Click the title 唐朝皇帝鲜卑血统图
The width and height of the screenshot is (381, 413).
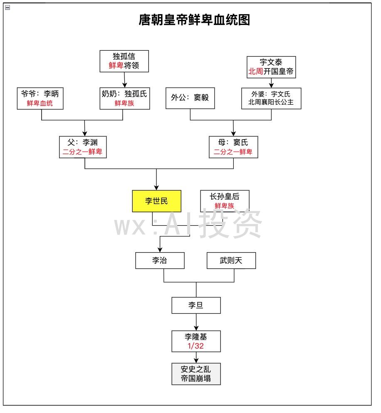[194, 20]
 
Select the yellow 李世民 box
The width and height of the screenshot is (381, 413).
[157, 201]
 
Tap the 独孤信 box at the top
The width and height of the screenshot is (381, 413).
[124, 61]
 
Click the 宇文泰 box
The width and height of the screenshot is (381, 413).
[271, 67]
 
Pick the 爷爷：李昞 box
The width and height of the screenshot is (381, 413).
[40, 98]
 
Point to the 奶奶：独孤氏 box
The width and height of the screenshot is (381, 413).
[125, 98]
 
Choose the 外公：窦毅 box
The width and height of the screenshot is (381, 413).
[190, 98]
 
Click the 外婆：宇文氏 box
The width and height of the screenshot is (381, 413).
[271, 98]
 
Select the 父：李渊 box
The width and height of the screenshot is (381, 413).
[83, 147]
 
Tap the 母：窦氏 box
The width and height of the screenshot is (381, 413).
[233, 147]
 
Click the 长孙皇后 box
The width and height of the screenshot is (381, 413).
[225, 201]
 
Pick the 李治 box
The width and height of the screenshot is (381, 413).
[160, 261]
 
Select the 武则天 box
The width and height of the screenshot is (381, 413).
[231, 261]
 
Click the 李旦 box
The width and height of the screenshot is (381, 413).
[196, 305]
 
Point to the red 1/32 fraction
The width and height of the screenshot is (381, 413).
[195, 346]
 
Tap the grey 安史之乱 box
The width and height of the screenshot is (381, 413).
[196, 374]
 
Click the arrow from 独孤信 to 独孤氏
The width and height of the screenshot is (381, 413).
[124, 80]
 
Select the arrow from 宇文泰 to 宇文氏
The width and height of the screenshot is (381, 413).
[271, 83]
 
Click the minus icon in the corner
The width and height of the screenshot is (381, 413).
[7, 7]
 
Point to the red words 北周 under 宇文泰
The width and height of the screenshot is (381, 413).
[255, 71]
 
